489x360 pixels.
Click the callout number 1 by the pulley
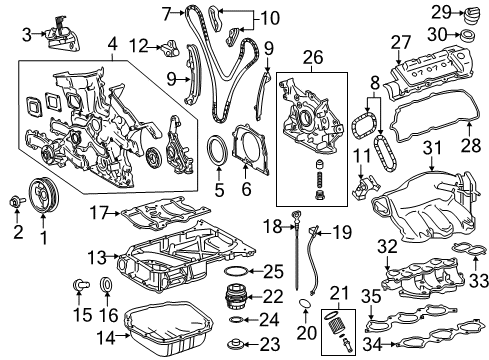coord(42,238)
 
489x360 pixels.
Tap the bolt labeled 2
coord(16,206)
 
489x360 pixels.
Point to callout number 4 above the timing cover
coord(112,44)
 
